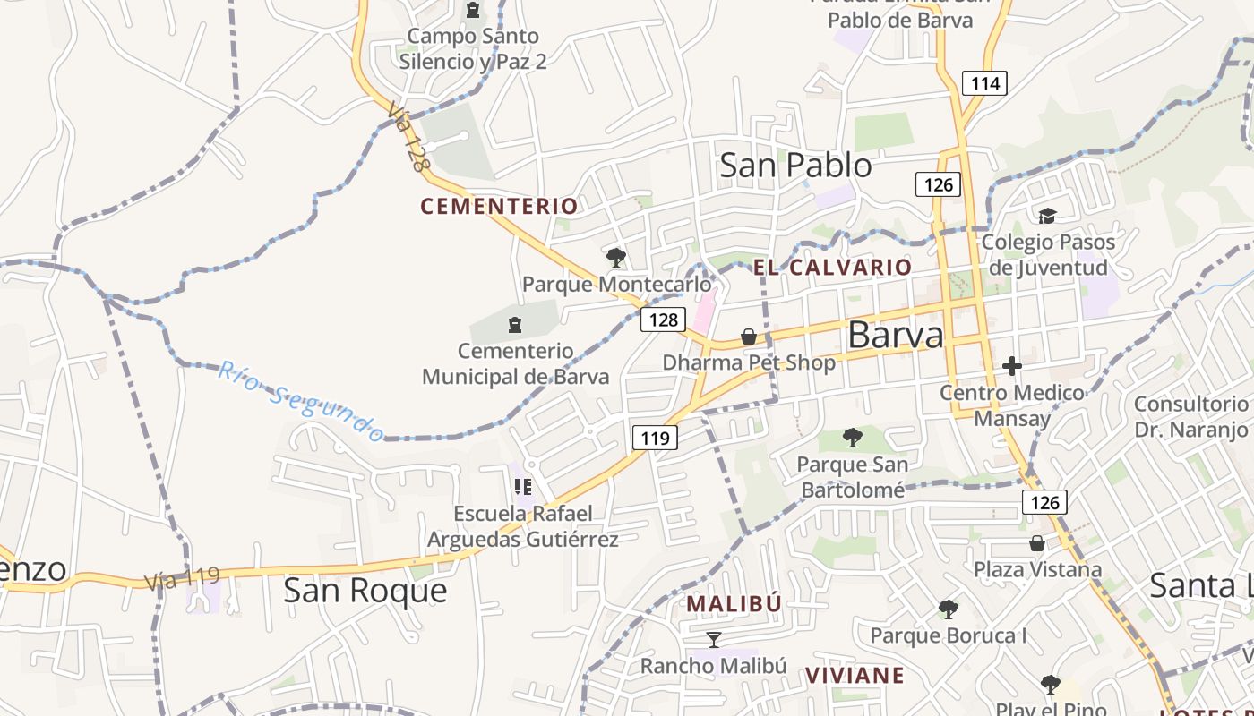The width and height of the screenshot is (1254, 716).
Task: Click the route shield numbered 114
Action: [x=985, y=84]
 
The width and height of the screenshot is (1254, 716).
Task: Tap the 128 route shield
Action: [x=663, y=320]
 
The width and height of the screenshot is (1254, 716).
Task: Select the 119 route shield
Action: [x=655, y=438]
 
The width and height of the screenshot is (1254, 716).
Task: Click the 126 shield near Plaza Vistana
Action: [x=1044, y=502]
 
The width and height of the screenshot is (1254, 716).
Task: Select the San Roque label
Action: [x=365, y=591]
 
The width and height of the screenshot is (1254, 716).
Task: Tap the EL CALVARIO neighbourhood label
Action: [x=832, y=267]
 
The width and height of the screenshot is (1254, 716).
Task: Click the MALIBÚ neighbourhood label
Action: [x=734, y=604]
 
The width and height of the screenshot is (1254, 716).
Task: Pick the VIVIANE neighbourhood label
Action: [x=855, y=675]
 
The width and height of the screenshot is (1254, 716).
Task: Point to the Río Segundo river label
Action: [x=300, y=401]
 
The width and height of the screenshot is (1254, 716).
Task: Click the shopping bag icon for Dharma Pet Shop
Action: [x=748, y=337]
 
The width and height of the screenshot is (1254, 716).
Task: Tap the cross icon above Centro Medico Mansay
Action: [x=1012, y=366]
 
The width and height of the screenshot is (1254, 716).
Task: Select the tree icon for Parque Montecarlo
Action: [x=615, y=259]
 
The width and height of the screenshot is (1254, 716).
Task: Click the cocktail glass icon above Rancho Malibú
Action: [x=713, y=639]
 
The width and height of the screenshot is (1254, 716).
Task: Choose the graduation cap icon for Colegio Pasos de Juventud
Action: [x=1047, y=216]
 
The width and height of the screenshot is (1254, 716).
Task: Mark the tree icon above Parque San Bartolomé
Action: [x=853, y=438]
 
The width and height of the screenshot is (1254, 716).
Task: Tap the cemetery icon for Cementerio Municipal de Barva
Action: [x=515, y=323]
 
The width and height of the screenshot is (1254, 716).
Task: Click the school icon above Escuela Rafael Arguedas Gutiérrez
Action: [x=523, y=487]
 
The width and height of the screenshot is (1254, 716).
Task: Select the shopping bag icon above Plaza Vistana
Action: [x=1036, y=543]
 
